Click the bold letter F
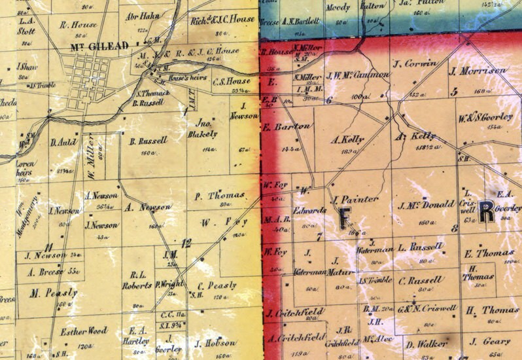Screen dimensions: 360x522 point(345,218)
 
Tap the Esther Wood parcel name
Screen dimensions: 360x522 point(83,331)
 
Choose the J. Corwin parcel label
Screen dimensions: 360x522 point(415,64)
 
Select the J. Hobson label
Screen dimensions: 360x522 point(215,343)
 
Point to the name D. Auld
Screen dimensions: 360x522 point(63,142)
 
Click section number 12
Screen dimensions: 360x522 point(186,243)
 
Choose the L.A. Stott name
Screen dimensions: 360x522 point(26,26)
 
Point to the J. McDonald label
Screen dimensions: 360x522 point(425,206)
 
